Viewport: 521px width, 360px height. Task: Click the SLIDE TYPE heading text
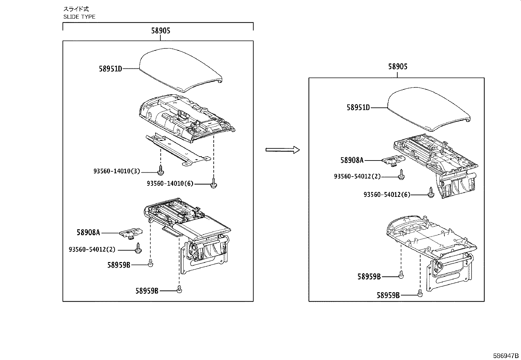(x=79, y=17)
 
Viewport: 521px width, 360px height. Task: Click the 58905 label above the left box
(x=160, y=31)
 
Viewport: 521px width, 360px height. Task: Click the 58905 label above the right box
(x=398, y=67)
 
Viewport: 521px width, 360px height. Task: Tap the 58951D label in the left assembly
(x=110, y=69)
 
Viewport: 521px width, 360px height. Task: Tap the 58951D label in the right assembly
(x=358, y=107)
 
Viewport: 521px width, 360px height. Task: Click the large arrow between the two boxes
(x=282, y=150)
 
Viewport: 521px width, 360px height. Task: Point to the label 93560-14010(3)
(x=117, y=171)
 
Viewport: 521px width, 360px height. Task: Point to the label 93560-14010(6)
(x=170, y=184)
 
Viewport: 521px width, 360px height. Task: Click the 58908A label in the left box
(x=88, y=233)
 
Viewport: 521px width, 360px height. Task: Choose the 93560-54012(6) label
(x=387, y=195)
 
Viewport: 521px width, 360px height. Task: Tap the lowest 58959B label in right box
(x=388, y=295)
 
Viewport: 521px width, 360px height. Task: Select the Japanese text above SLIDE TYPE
(x=76, y=9)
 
